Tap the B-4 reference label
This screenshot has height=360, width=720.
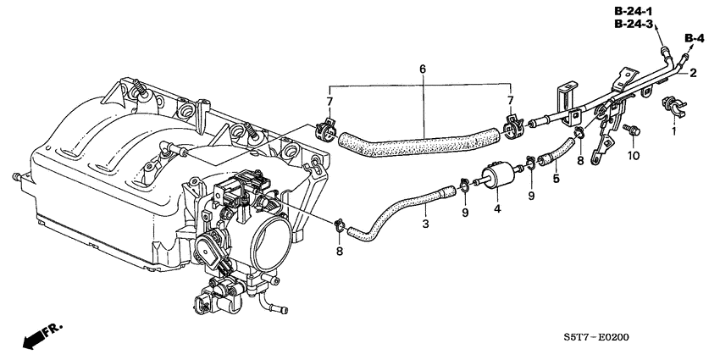(695, 38)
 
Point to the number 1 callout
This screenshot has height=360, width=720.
(674, 133)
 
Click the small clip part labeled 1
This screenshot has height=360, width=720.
(673, 108)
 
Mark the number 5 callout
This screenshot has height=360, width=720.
(556, 179)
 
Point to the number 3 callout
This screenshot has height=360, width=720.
(426, 224)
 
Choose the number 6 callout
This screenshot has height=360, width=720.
(421, 69)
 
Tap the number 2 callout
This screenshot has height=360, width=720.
(692, 74)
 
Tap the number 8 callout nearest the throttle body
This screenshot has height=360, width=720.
(339, 251)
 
